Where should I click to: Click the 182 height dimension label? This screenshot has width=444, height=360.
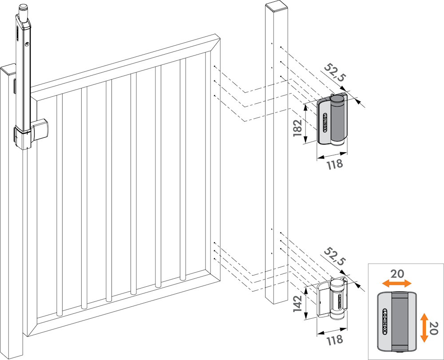point(297,128)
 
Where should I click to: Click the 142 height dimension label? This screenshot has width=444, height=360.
point(297,304)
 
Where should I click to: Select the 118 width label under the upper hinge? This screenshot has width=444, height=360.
point(335,164)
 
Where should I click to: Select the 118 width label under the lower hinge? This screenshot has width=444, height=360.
point(335,340)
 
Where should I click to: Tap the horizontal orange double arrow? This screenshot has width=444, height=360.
point(396,283)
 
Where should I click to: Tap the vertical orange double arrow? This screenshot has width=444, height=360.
point(424,328)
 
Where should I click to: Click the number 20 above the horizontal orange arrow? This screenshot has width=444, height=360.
point(397,274)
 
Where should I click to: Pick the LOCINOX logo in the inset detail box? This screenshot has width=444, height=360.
point(385,321)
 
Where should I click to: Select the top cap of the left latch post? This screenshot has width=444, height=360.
point(8,70)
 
